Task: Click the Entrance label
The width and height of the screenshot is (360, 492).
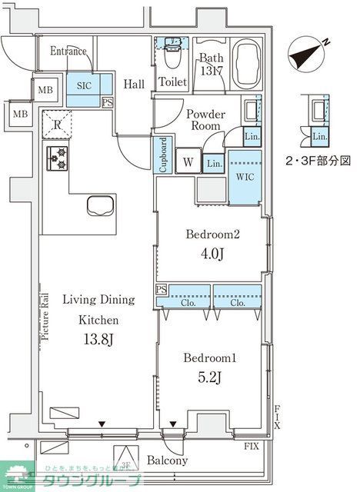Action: (68, 52)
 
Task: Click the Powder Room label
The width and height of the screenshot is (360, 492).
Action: (205, 119)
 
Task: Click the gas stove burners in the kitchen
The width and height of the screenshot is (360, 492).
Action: (58, 158)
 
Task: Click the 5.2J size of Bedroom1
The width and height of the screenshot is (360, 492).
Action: (208, 377)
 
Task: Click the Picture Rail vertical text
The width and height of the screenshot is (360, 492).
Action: (45, 314)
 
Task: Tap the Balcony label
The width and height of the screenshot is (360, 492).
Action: (167, 461)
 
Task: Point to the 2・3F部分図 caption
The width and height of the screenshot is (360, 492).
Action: (318, 161)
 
